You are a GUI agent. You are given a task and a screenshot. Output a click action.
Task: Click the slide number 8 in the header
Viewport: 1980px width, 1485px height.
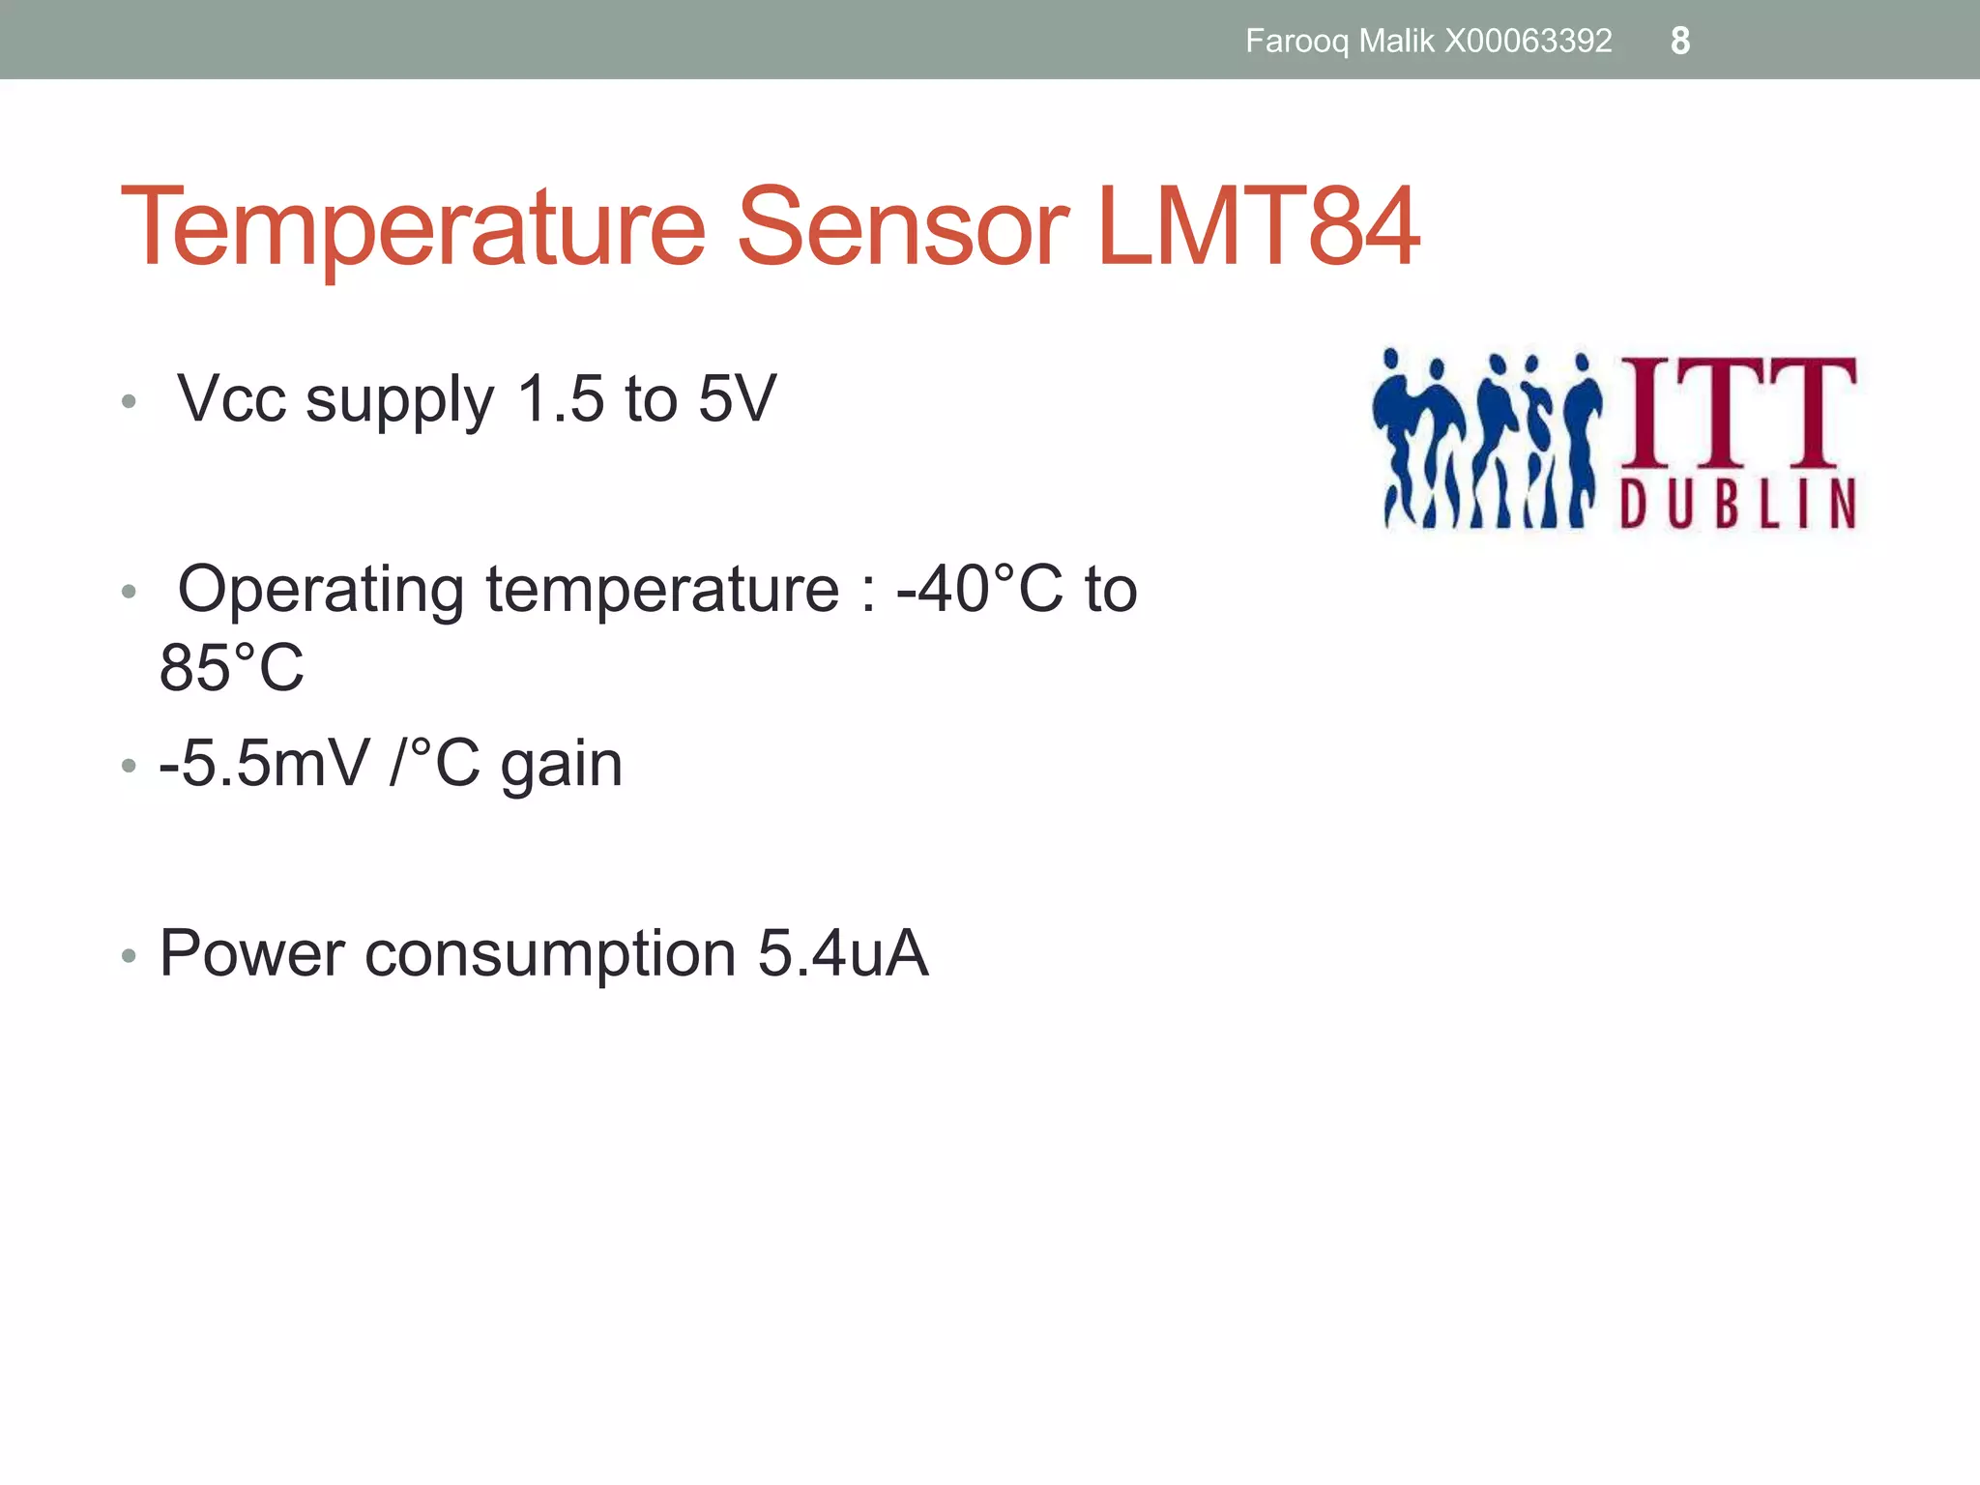click(1680, 42)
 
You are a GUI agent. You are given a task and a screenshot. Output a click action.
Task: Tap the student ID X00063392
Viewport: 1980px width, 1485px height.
click(1528, 42)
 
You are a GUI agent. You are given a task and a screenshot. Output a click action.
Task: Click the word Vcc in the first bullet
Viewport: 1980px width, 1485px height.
click(232, 398)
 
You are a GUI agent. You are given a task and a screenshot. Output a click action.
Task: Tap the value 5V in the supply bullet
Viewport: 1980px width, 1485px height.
click(737, 398)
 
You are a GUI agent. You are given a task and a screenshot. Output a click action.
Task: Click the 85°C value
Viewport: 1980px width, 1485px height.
click(232, 667)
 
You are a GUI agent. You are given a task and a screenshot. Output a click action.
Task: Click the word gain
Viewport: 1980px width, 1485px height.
click(561, 764)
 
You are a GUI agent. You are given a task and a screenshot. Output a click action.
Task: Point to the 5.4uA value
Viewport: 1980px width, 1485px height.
click(843, 953)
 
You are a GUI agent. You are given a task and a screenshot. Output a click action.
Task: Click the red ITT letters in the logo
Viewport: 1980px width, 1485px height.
click(1738, 412)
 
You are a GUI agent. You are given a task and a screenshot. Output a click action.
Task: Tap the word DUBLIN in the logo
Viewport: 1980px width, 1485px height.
click(1738, 504)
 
